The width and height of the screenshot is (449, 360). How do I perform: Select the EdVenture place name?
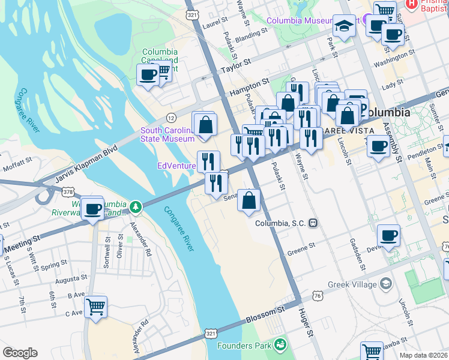[x=176, y=166]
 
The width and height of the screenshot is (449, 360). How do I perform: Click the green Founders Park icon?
[x=280, y=344]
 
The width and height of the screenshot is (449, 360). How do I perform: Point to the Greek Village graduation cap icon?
[x=386, y=283]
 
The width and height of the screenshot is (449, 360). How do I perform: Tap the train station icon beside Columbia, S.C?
[x=313, y=223]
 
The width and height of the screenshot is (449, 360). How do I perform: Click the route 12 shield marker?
[x=170, y=117]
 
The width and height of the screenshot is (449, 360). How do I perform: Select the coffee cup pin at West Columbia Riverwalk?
[x=92, y=209]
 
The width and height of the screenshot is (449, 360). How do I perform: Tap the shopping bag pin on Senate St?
[x=249, y=200]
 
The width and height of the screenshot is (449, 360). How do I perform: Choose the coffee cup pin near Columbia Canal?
[x=148, y=75]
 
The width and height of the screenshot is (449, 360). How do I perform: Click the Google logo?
[x=20, y=353]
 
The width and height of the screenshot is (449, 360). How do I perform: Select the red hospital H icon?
[x=411, y=4]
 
